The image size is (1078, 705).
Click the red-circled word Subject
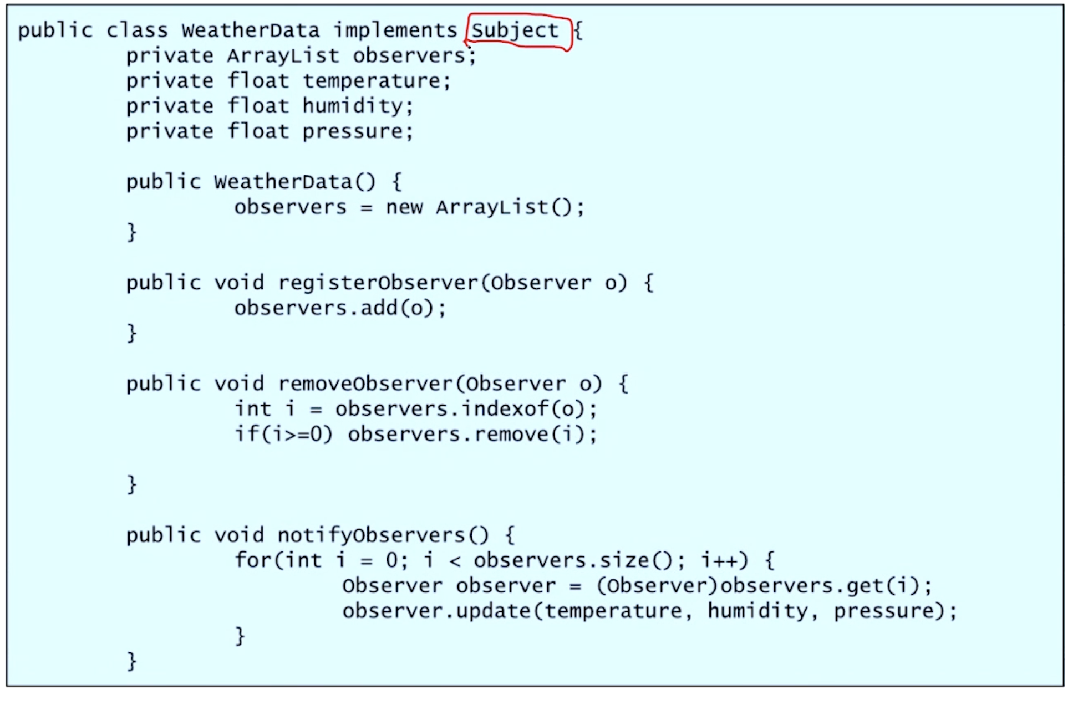coord(515,31)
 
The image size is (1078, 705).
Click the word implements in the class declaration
coord(395,30)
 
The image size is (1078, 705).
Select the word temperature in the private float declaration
coord(371,81)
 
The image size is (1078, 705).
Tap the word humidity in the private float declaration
coord(352,106)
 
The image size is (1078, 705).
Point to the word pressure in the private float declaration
coord(352,132)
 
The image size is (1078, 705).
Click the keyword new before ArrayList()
coord(404,208)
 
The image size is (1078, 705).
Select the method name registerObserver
coord(378,283)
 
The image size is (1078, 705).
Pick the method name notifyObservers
coord(372,535)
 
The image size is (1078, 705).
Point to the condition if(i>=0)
coord(283,435)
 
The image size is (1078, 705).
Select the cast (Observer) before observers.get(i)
coord(658,586)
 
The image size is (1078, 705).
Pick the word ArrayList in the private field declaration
coord(283,56)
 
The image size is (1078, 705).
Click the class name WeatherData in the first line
coord(250,30)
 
